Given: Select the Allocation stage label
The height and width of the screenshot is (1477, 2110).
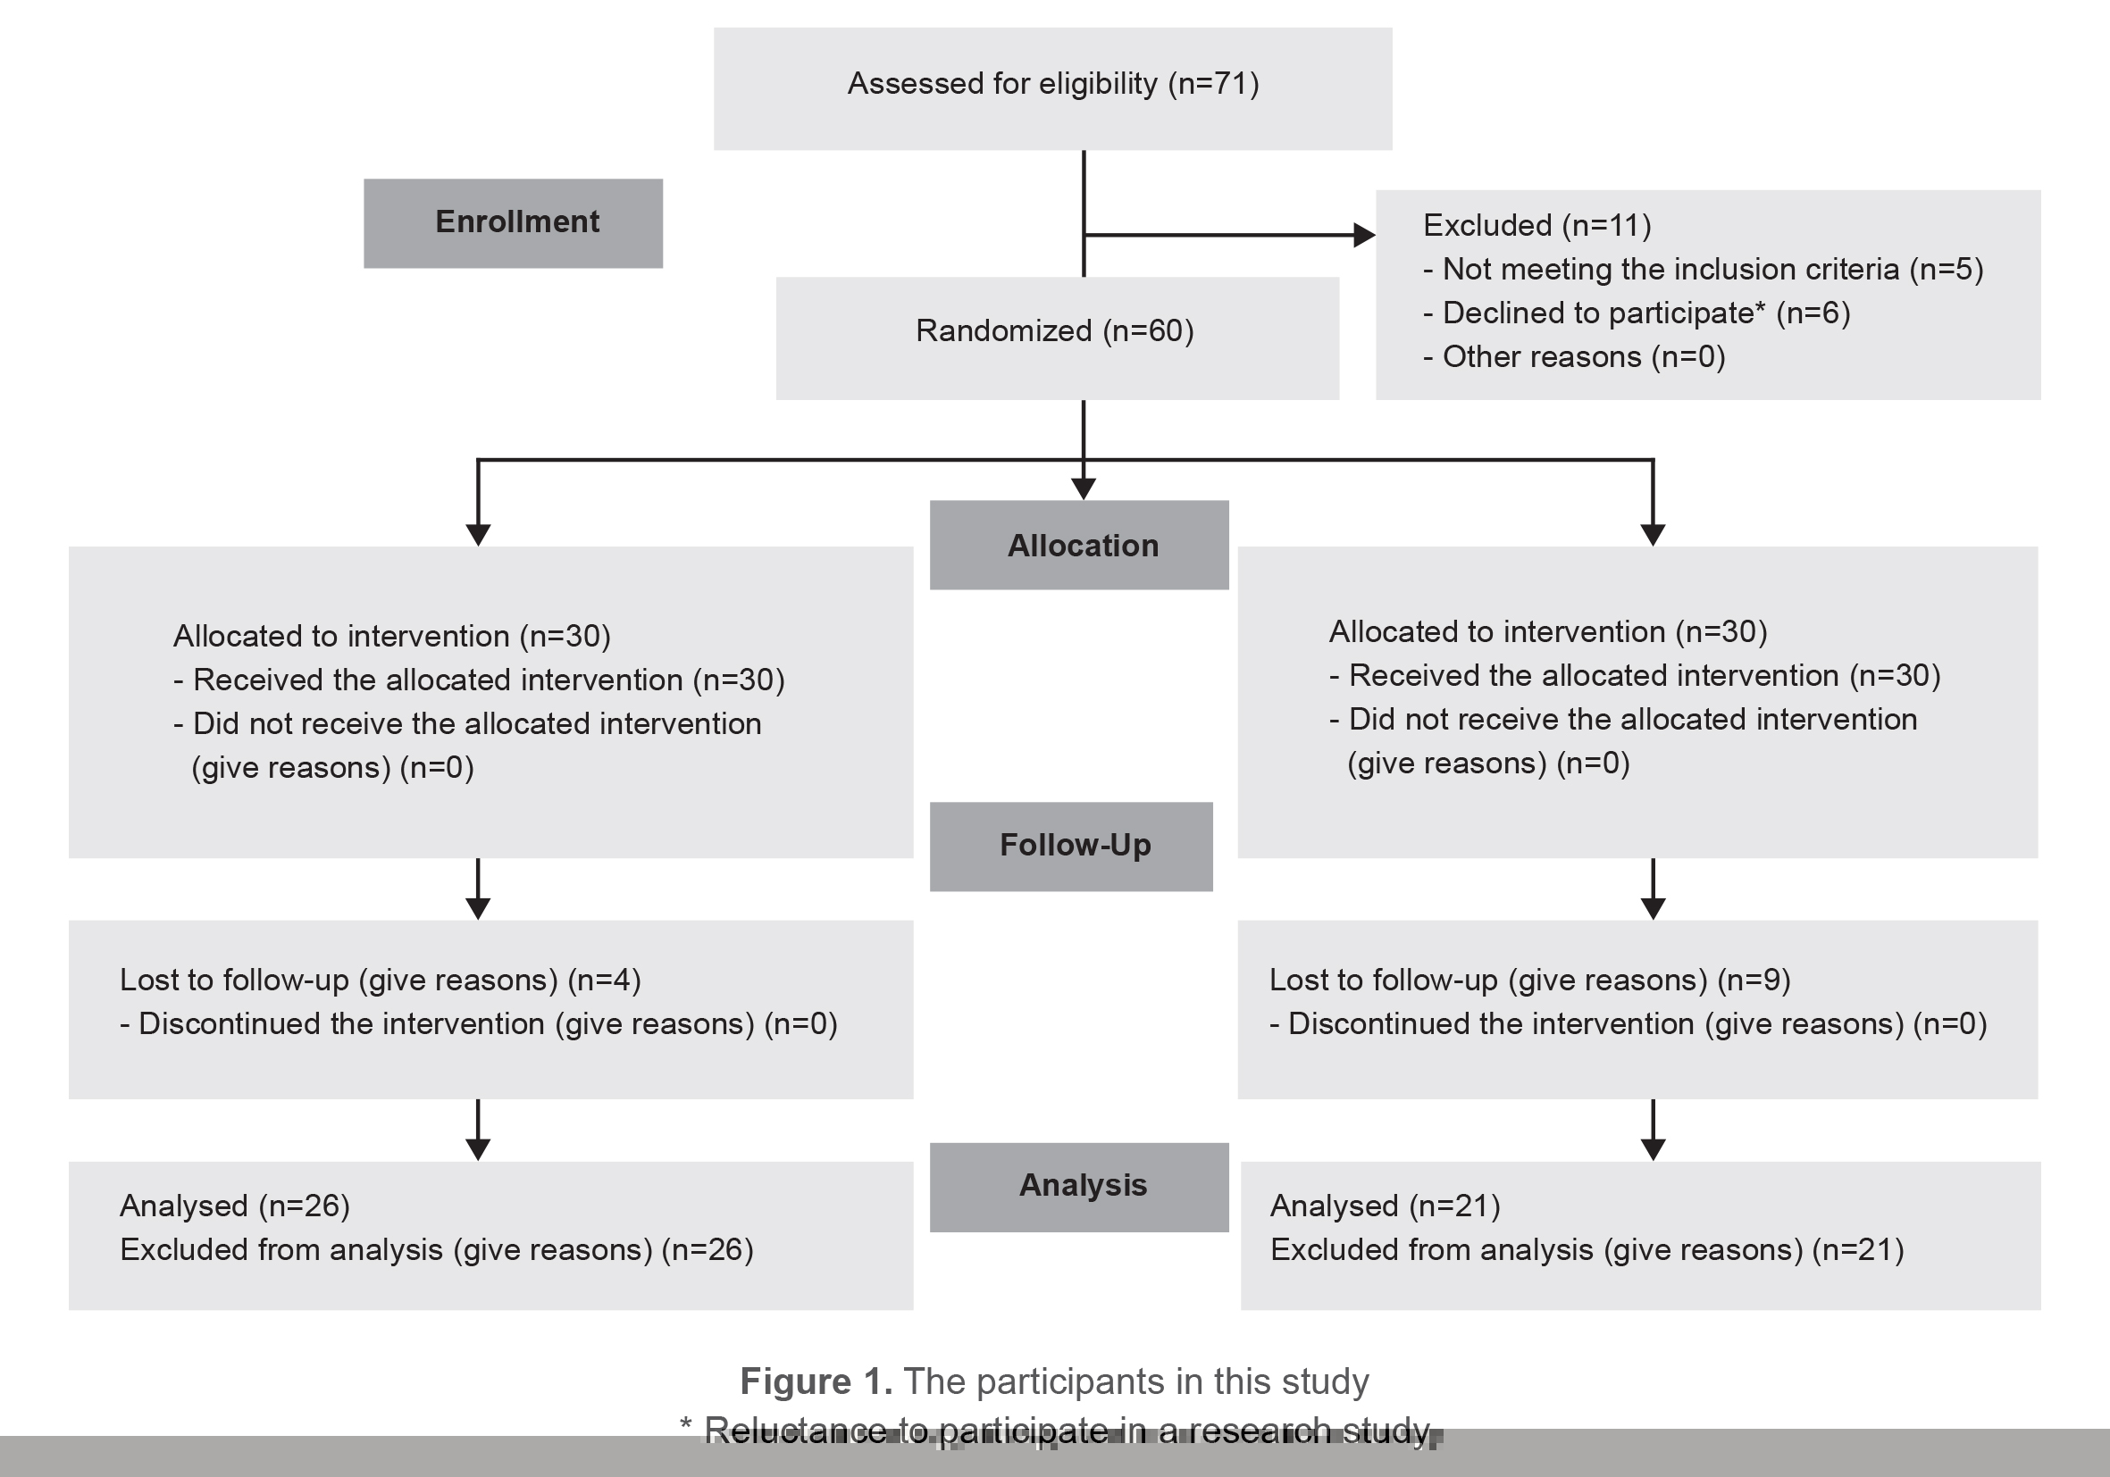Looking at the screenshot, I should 1082,546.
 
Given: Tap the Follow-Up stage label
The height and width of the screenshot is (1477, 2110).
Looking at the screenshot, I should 1075,845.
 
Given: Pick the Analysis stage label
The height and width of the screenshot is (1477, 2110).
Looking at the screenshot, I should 1082,1185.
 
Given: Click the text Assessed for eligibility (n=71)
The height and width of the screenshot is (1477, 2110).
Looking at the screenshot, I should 1052,84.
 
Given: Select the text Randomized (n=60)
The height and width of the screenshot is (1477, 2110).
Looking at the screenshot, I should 1054,330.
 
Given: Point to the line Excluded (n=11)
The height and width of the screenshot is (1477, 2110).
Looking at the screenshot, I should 1536,225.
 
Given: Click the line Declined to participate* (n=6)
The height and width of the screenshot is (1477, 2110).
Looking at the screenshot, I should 1636,313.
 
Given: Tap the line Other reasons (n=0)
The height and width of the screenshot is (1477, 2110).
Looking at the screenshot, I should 1573,356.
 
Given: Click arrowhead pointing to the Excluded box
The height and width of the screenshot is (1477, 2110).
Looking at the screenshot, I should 1364,235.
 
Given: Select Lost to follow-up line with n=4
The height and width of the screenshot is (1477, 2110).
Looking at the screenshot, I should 380,980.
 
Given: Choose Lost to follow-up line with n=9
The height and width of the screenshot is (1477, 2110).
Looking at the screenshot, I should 1529,980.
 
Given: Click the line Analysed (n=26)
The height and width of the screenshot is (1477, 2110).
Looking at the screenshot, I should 234,1206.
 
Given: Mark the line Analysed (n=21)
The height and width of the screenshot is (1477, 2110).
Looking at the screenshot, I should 1384,1206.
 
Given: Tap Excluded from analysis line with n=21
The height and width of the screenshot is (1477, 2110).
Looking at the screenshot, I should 1587,1250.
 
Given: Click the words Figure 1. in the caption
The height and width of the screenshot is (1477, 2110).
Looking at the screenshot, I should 815,1381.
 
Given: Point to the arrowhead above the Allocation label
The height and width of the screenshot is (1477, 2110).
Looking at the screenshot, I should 1084,488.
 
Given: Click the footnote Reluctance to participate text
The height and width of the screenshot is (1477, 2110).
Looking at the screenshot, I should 1066,1431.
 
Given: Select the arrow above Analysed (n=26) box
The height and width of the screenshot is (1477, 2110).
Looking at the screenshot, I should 478,1139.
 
